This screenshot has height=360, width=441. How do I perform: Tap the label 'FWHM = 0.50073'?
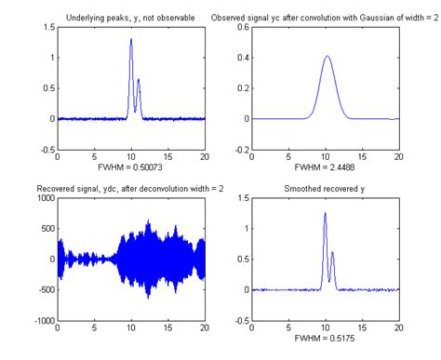coord(131,169)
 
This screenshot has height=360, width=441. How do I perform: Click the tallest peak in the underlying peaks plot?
coord(131,40)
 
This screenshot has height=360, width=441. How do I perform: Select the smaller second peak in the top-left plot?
coord(139,80)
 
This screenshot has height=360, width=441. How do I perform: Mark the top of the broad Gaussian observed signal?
coord(327,57)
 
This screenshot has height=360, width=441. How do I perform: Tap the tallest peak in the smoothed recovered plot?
coord(325,214)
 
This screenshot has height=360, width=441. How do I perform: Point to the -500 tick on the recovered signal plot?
coord(45,289)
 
